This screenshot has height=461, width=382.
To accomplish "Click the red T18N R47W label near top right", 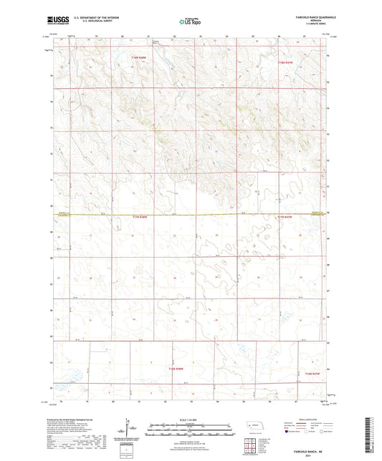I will coord(285,63).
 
